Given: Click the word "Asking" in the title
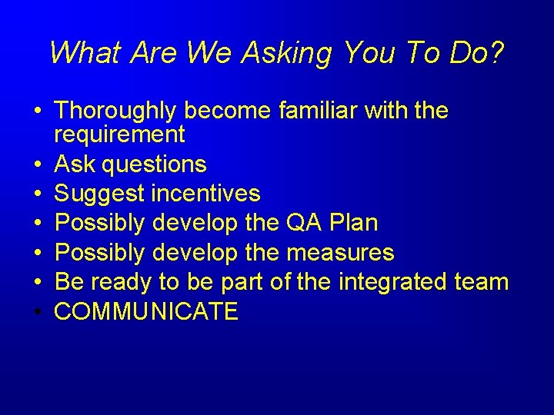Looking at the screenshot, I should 286,54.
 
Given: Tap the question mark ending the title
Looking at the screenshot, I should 496,52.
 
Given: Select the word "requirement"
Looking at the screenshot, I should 120,135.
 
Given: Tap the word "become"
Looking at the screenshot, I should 226,111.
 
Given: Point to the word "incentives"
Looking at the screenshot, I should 205,194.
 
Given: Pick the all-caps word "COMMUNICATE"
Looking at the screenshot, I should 147,311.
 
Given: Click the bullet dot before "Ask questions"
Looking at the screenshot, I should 38,165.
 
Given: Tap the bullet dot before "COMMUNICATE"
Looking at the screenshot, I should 38,312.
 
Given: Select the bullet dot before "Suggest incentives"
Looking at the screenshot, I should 38,194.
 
